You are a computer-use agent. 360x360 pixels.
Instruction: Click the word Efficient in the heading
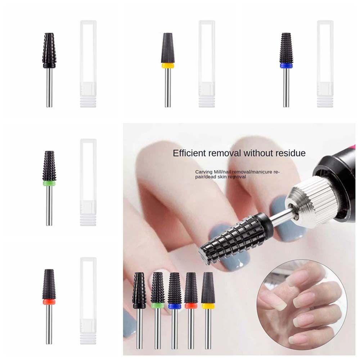190,153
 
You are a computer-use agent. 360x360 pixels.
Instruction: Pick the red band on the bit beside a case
50,301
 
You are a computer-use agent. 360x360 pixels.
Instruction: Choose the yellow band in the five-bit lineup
207,306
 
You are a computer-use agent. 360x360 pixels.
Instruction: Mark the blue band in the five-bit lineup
174,306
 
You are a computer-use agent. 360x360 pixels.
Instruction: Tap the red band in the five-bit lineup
190,306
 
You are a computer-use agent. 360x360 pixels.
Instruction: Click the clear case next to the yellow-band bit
207,64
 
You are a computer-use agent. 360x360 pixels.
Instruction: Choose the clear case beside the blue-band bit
325,64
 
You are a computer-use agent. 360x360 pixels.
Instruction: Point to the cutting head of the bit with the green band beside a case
49,166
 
